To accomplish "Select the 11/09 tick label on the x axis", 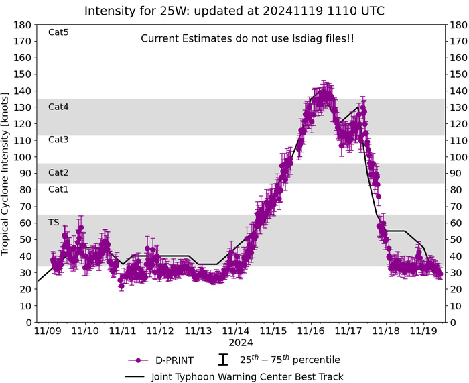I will tap(48, 331).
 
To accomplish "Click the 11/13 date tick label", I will tap(198, 331).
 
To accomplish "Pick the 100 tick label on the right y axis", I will tap(460, 157).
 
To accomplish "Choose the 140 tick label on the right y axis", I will tap(460, 91).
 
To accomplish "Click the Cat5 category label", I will tap(59, 32).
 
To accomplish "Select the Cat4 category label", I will tap(59, 107).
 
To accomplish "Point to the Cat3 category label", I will tap(59, 140).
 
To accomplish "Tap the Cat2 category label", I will tap(59, 172).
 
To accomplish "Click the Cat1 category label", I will tap(59, 189).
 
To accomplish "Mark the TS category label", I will tap(54, 222).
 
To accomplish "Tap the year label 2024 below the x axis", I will tap(236, 342).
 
